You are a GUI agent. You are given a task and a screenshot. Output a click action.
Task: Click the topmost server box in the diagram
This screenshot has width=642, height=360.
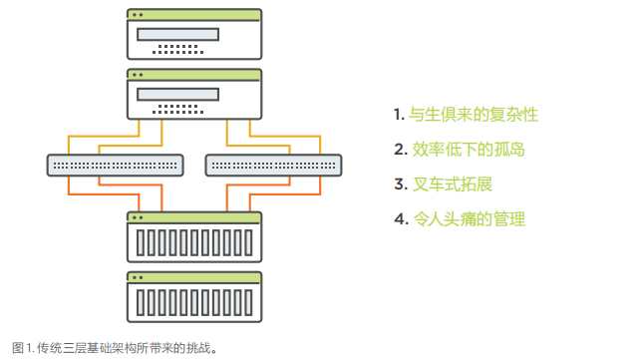click(x=194, y=35)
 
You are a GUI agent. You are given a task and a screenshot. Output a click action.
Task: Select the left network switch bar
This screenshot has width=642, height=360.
click(x=116, y=164)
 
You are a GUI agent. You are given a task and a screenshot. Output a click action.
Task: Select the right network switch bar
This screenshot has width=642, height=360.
click(x=273, y=164)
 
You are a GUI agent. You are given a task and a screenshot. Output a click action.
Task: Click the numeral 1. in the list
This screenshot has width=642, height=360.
click(x=399, y=115)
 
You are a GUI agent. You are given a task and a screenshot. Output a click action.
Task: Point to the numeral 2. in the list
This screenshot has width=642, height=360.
click(x=400, y=150)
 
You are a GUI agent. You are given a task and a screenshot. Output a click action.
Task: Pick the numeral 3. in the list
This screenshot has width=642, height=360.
click(x=400, y=184)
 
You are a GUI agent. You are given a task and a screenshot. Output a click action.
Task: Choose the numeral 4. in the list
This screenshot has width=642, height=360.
click(x=400, y=219)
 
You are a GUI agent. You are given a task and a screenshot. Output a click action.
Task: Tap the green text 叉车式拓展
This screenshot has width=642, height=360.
click(x=454, y=184)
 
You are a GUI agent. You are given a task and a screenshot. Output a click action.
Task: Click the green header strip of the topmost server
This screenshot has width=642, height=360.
click(x=194, y=15)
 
